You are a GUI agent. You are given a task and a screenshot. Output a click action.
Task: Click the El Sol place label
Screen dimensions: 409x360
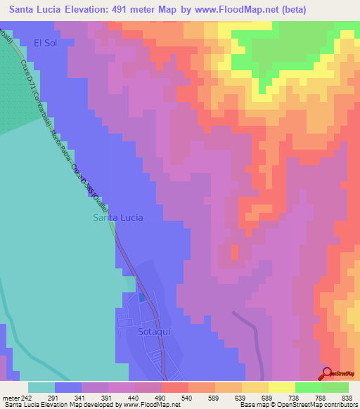tap(44, 43)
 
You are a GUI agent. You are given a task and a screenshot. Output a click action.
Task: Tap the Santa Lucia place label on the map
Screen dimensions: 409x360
tap(118, 218)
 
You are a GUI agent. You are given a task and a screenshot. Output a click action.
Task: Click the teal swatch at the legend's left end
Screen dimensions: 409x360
tap(41, 387)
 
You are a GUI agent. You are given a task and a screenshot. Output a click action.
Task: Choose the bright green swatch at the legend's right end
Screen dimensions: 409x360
tap(335, 387)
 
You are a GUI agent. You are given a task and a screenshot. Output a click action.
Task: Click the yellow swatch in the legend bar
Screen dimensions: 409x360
tap(281, 387)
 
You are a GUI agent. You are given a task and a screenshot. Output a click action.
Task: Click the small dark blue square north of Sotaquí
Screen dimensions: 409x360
tap(143, 297)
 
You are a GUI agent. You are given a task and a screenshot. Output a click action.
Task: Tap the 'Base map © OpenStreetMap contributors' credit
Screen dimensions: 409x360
tap(296, 405)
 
